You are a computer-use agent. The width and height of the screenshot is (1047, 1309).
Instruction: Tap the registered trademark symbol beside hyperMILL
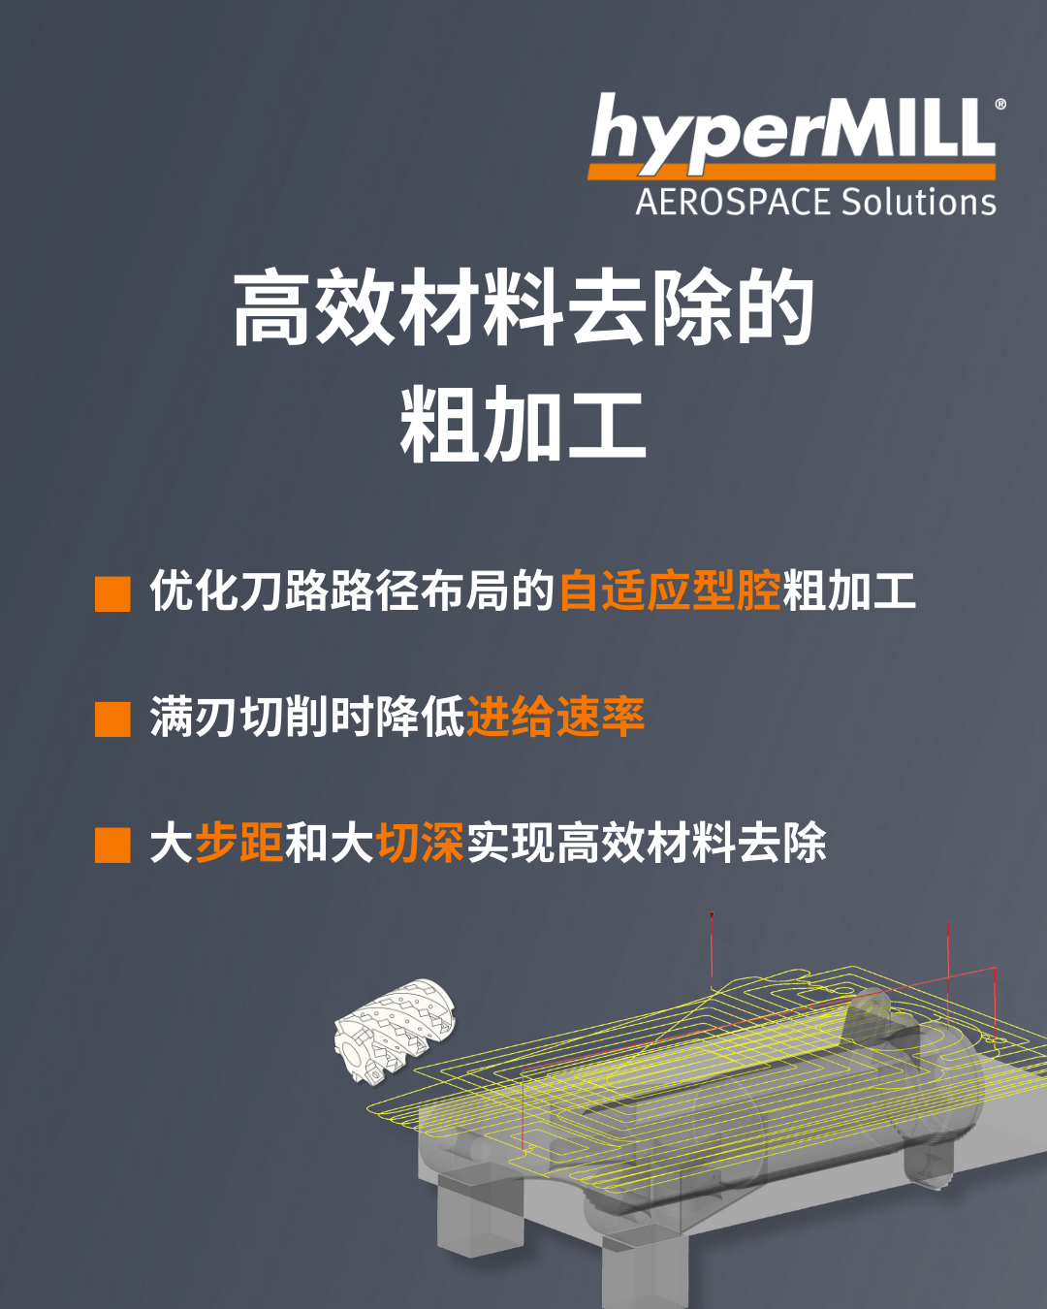[x=1000, y=105]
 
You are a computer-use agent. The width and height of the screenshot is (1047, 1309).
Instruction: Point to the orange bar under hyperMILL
[x=791, y=171]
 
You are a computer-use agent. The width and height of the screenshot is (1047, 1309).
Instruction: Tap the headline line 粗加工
[x=523, y=424]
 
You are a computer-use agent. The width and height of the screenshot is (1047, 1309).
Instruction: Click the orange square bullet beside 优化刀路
[x=112, y=593]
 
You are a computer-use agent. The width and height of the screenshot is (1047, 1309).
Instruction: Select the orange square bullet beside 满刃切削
[x=112, y=718]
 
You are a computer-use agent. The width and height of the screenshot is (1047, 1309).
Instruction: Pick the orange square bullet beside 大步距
[x=112, y=845]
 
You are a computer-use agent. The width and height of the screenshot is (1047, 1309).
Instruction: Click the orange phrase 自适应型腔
[x=670, y=591]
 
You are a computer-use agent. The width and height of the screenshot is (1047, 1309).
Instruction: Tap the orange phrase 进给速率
[x=555, y=716]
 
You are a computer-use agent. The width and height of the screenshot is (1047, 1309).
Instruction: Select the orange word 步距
[x=239, y=842]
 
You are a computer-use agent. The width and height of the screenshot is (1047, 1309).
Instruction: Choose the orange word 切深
[x=421, y=842]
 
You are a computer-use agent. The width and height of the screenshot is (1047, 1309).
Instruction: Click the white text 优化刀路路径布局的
[x=352, y=591]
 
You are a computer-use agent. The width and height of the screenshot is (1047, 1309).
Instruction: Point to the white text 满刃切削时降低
[x=307, y=716]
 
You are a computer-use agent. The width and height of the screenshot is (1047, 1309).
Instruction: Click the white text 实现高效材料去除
[x=646, y=842]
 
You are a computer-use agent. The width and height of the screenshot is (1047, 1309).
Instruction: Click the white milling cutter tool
[x=395, y=1031]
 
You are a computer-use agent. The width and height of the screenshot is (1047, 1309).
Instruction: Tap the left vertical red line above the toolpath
[x=712, y=950]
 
